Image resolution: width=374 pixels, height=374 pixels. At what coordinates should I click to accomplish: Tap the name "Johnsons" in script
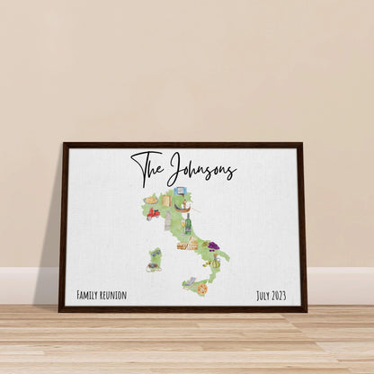tap(201, 170)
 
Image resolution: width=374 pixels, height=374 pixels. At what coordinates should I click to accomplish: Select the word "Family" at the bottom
tap(89, 295)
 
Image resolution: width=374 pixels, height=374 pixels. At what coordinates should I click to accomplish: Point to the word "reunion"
tap(115, 295)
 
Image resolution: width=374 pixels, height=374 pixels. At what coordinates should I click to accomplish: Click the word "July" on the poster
tap(264, 295)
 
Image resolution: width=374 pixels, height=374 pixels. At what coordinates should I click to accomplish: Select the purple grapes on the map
tap(214, 245)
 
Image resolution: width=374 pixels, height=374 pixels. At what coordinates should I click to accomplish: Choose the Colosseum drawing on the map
tap(187, 244)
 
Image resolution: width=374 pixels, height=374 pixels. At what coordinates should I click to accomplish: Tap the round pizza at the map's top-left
tap(150, 200)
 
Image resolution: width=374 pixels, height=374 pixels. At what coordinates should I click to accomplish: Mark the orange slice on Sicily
tap(202, 289)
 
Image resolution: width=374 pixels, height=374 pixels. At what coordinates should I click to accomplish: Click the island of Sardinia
tap(155, 260)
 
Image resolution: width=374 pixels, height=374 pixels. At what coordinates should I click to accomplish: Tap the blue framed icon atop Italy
tap(179, 191)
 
